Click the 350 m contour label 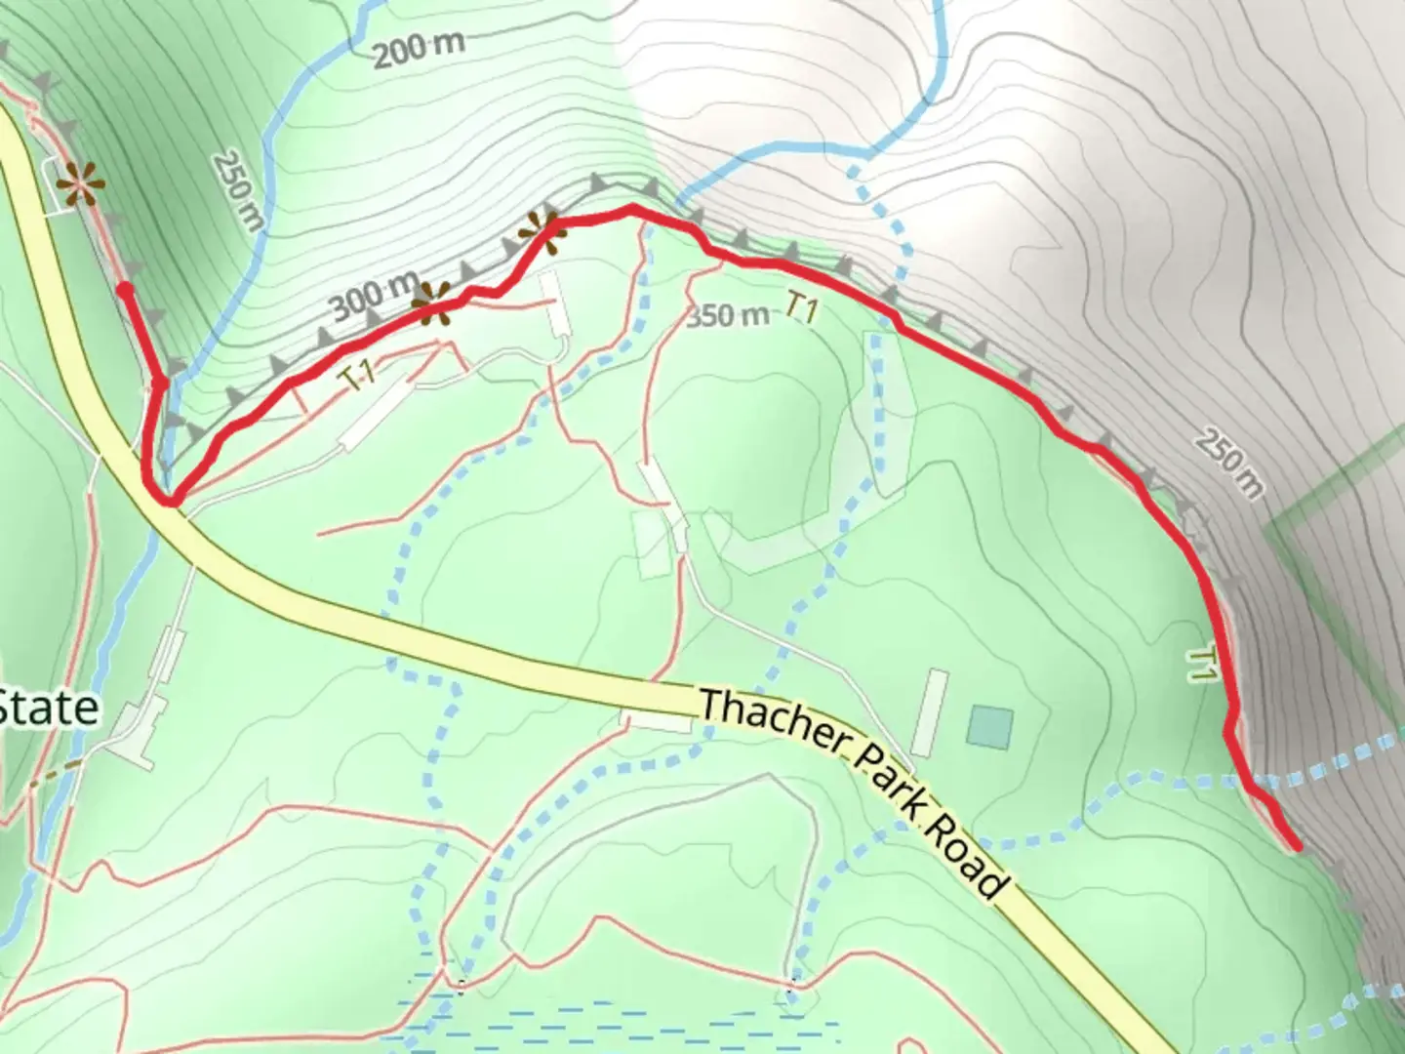point(727,315)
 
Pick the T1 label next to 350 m point(802,308)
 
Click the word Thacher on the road point(771,722)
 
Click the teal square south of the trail point(990,728)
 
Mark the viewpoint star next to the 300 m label point(431,304)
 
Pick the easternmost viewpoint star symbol point(541,232)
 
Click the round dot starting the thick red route point(125,289)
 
